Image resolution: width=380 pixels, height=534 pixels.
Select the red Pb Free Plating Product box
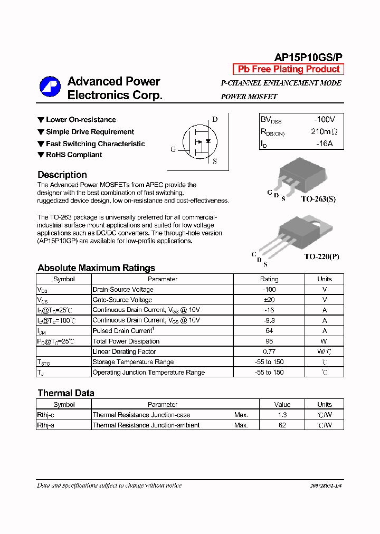pyautogui.click(x=288, y=69)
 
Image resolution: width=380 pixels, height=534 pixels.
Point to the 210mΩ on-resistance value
pyautogui.click(x=324, y=132)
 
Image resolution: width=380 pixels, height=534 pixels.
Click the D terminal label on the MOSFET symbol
pyautogui.click(x=215, y=119)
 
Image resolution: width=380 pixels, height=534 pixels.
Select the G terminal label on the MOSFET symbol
pyautogui.click(x=173, y=149)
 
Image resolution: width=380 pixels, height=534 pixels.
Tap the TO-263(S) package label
pyautogui.click(x=318, y=199)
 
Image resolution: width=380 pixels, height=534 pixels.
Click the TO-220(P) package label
pyautogui.click(x=321, y=256)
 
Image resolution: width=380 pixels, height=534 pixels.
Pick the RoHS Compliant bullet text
pyautogui.click(x=74, y=155)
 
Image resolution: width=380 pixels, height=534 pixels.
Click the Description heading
pyautogui.click(x=62, y=175)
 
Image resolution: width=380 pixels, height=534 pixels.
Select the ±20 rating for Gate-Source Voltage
pyautogui.click(x=269, y=300)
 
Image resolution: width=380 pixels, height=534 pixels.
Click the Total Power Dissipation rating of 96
pyautogui.click(x=269, y=341)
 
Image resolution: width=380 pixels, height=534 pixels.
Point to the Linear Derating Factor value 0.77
pyautogui.click(x=269, y=351)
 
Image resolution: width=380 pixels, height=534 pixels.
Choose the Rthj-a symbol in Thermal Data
pyautogui.click(x=45, y=425)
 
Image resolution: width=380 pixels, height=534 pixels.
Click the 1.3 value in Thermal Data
pyautogui.click(x=282, y=415)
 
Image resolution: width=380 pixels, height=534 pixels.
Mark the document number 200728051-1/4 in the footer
pyautogui.click(x=322, y=485)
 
